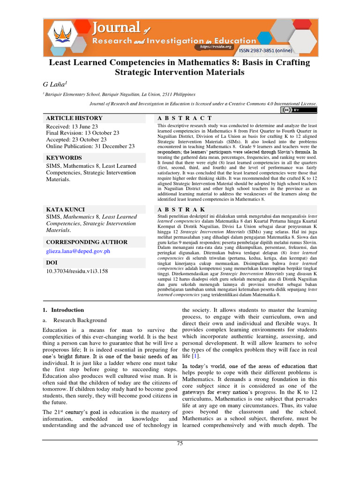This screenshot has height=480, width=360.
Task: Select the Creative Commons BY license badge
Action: point(299,110)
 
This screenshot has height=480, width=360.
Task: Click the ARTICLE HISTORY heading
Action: point(74,118)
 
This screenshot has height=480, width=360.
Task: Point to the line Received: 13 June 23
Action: point(72,127)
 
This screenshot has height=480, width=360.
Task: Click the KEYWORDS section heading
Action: point(64,158)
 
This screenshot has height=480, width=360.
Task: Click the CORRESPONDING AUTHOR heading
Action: point(87,242)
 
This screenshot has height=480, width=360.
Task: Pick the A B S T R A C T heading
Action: point(185,118)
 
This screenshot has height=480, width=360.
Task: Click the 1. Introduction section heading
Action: point(63,310)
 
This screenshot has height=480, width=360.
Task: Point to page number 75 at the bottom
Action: point(180,443)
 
